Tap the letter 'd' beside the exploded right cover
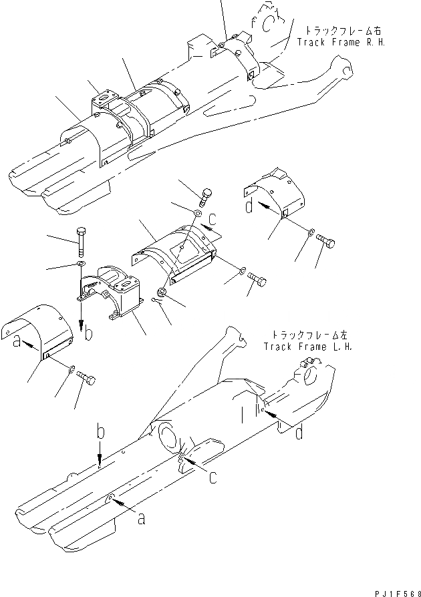click(x=248, y=206)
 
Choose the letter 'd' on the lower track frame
click(x=299, y=433)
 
